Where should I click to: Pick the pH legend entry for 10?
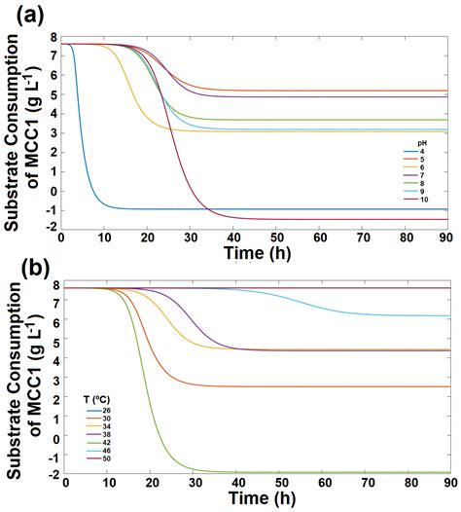[x=424, y=199]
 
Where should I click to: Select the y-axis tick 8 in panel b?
[x=53, y=287]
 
